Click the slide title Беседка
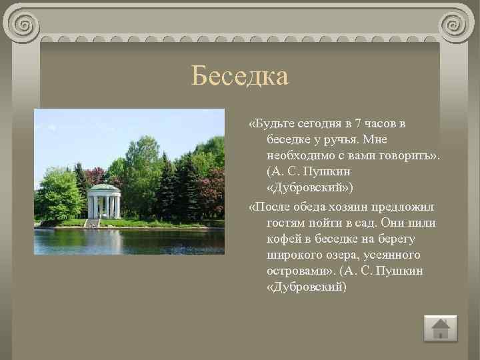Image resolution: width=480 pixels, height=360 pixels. pyautogui.click(x=239, y=76)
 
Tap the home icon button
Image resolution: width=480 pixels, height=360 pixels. pyautogui.click(x=441, y=329)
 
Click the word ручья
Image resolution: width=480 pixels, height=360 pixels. pyautogui.click(x=333, y=140)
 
